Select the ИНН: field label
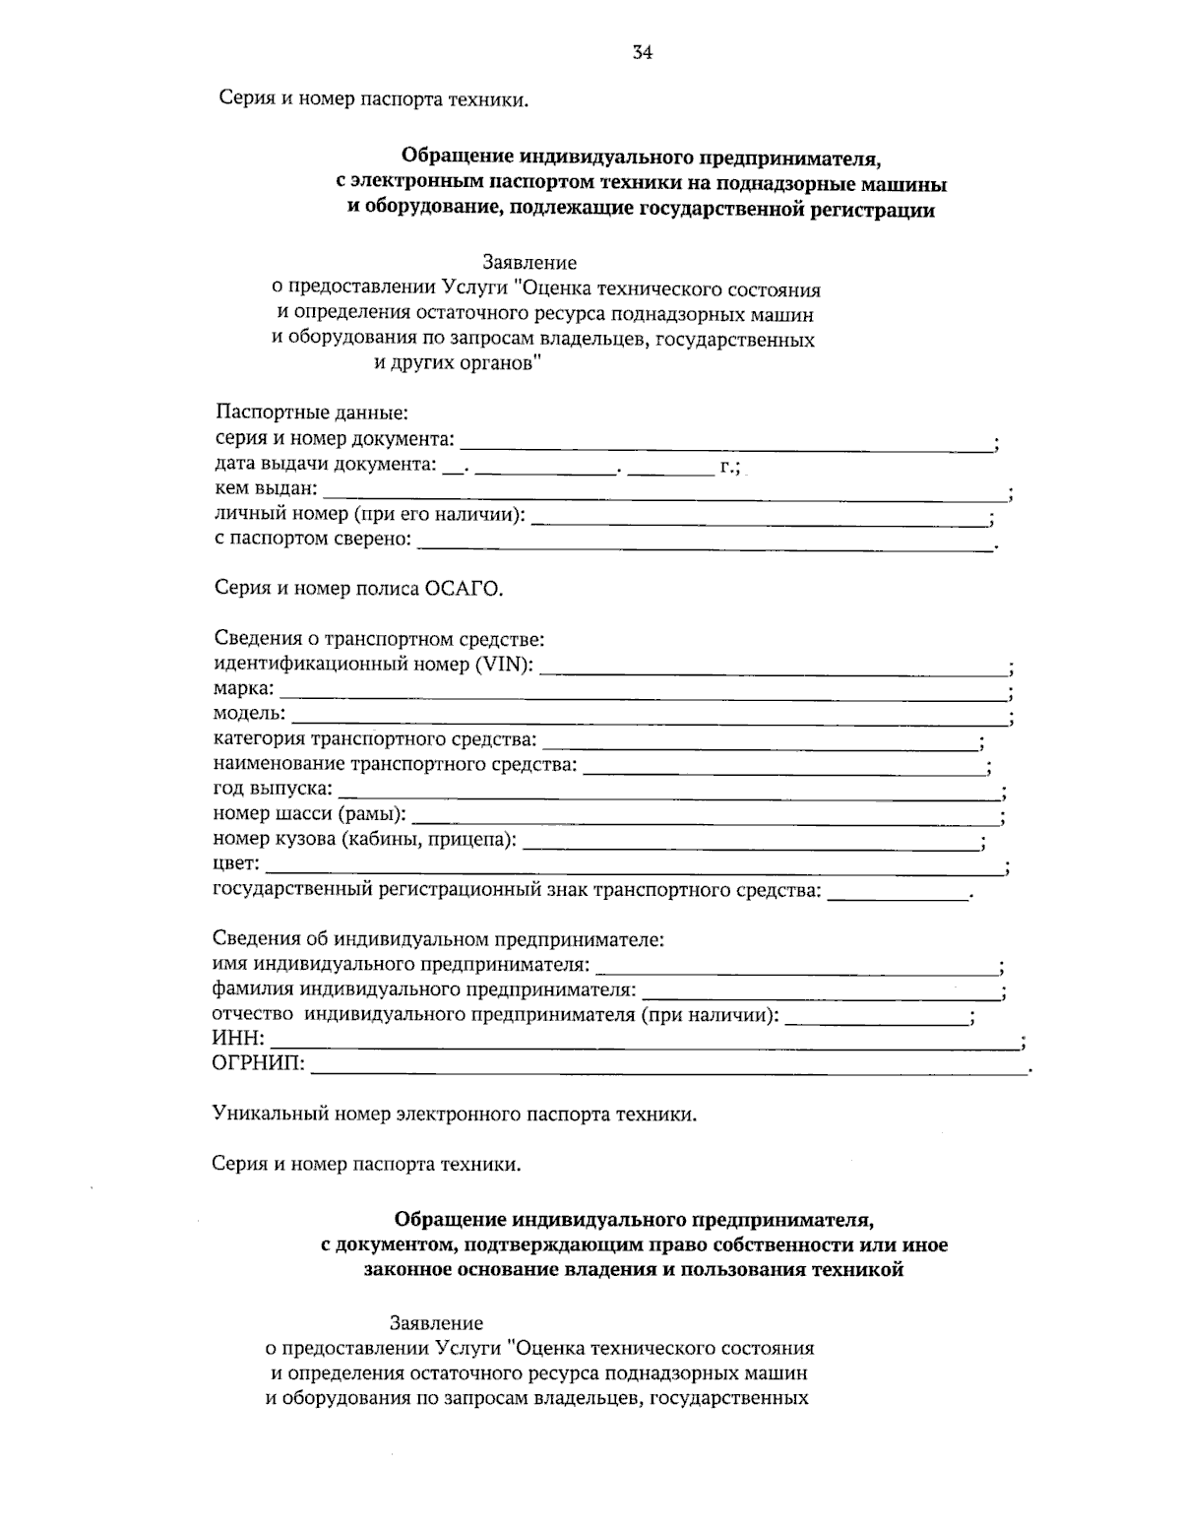(238, 1039)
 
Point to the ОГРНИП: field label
(259, 1063)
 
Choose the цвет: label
(237, 864)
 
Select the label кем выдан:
(266, 487)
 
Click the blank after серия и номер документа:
(726, 445)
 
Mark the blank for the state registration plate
(898, 896)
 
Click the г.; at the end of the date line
(730, 465)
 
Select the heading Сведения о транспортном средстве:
(379, 639)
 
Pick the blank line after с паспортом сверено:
(705, 545)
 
